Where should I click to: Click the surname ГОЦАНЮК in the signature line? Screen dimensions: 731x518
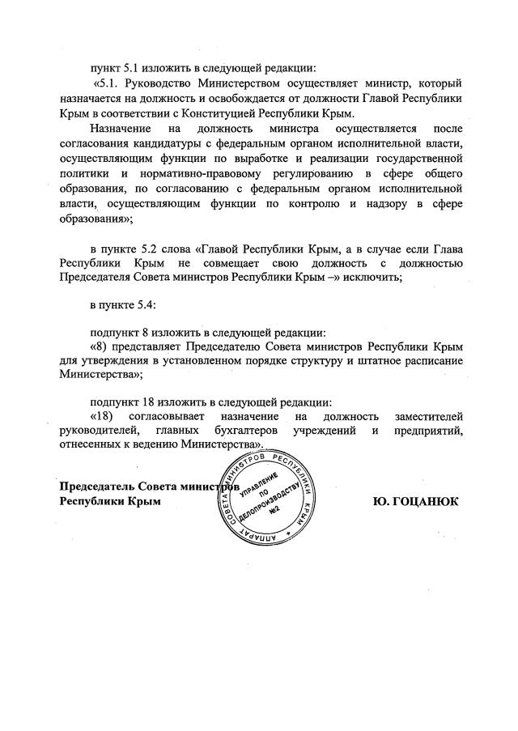427,501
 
